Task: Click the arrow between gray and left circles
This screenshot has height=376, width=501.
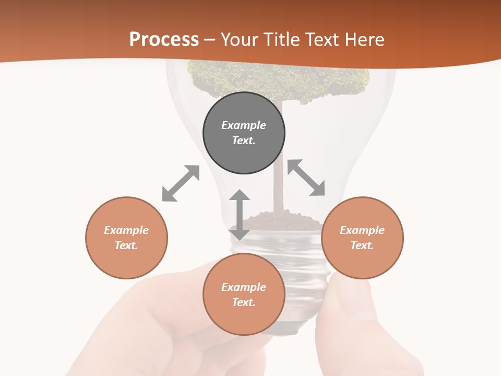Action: click(x=181, y=183)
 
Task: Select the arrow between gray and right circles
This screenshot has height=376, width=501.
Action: click(x=306, y=178)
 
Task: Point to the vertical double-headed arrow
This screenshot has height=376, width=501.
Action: click(x=240, y=215)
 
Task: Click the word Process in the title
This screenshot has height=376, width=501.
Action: click(x=164, y=39)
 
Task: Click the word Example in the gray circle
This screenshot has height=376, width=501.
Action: click(x=244, y=125)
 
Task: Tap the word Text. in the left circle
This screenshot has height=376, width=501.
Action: click(x=126, y=245)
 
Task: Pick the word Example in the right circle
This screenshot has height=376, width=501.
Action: click(x=362, y=230)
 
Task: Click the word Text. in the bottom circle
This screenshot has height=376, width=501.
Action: click(x=244, y=302)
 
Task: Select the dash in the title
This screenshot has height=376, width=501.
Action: click(x=210, y=40)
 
